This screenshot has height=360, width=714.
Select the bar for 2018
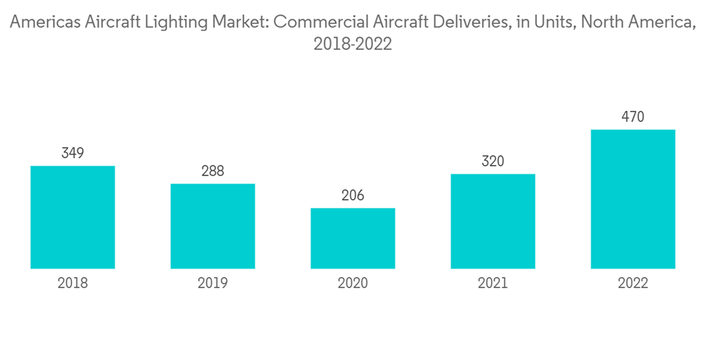click(73, 217)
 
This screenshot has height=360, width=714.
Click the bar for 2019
click(213, 226)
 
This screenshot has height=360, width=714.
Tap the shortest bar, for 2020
click(353, 238)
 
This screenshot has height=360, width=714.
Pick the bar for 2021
click(493, 221)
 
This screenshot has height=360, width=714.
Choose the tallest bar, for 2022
click(633, 199)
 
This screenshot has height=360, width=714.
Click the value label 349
click(73, 153)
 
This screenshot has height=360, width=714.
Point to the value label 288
click(213, 171)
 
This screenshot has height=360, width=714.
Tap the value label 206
click(353, 195)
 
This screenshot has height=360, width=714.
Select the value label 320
click(493, 161)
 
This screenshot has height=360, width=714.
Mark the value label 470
click(633, 116)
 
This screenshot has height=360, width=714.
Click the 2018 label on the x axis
click(73, 284)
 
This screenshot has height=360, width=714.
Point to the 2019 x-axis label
click(213, 284)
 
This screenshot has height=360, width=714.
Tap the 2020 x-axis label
click(353, 284)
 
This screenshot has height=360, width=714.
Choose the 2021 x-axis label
click(493, 284)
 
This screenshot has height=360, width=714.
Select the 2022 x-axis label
click(633, 284)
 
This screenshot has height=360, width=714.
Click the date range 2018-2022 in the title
click(353, 44)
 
